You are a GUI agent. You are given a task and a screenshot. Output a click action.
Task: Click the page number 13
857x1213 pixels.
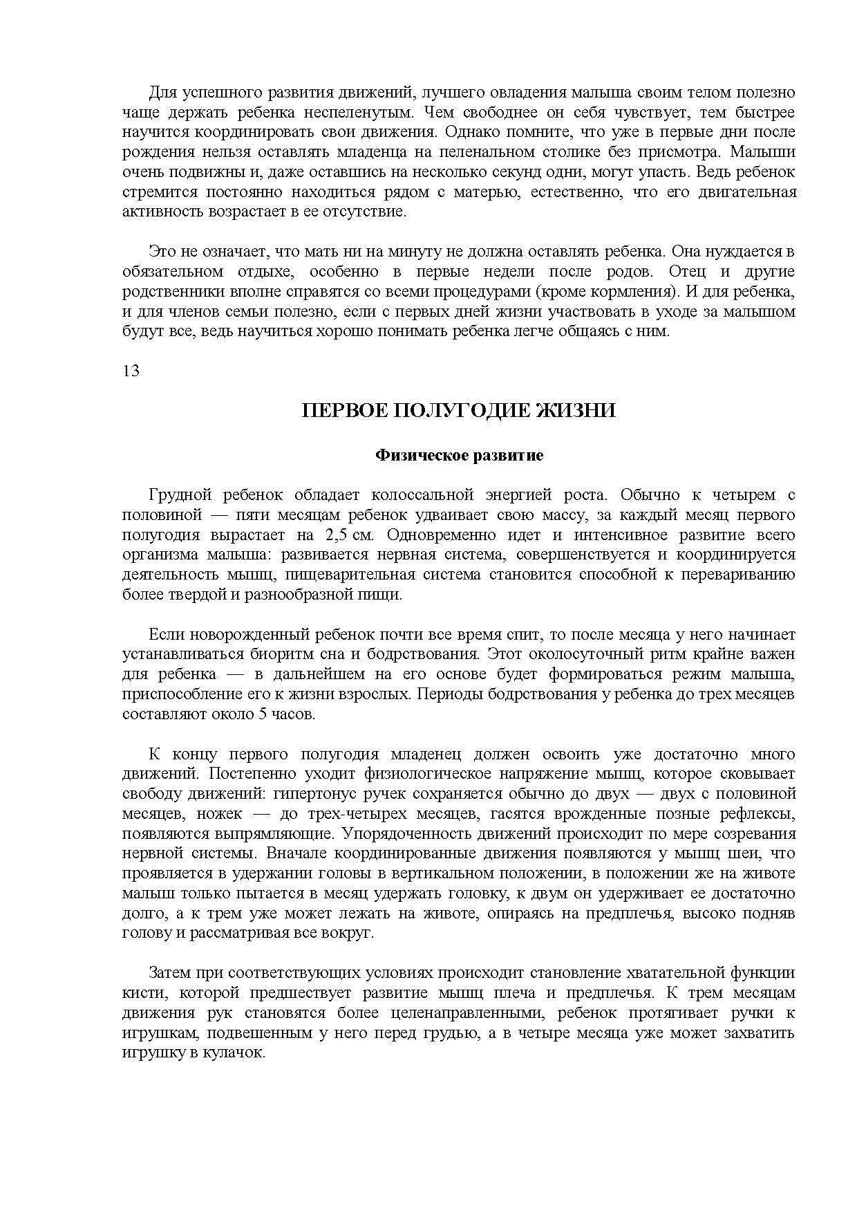[x=131, y=371]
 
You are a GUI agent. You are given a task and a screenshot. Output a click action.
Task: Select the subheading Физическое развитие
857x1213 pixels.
[x=459, y=456]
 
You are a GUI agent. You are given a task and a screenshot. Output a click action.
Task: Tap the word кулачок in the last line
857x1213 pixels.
[x=240, y=1053]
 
